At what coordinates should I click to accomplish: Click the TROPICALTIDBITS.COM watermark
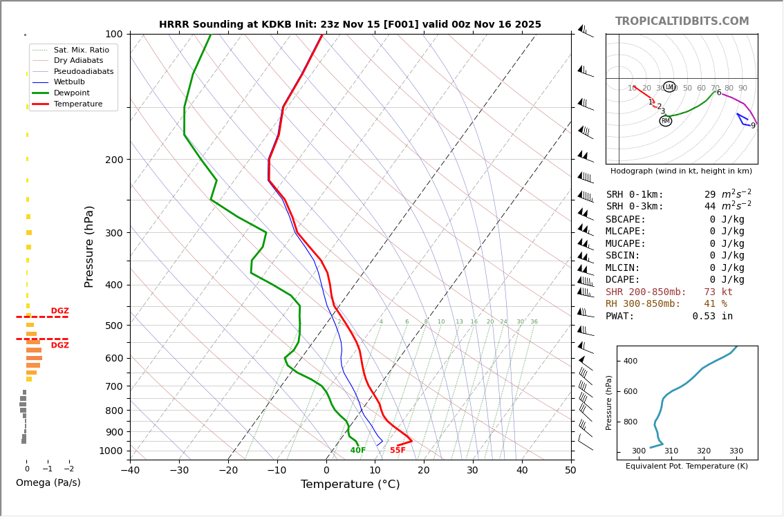[682, 21]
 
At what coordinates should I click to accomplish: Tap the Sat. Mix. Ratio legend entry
[81, 50]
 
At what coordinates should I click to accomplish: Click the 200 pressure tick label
[113, 160]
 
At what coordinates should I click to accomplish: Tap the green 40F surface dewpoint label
[357, 451]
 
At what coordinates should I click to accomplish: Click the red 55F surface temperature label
[398, 451]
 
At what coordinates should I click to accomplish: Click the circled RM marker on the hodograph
[665, 121]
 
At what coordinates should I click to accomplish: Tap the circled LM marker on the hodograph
[669, 87]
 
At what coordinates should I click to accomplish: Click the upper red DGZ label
[59, 311]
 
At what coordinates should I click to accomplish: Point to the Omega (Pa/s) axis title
[48, 483]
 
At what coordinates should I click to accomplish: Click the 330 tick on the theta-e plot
[736, 451]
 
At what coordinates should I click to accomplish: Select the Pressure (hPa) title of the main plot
[89, 246]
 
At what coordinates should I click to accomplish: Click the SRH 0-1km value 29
[710, 195]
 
